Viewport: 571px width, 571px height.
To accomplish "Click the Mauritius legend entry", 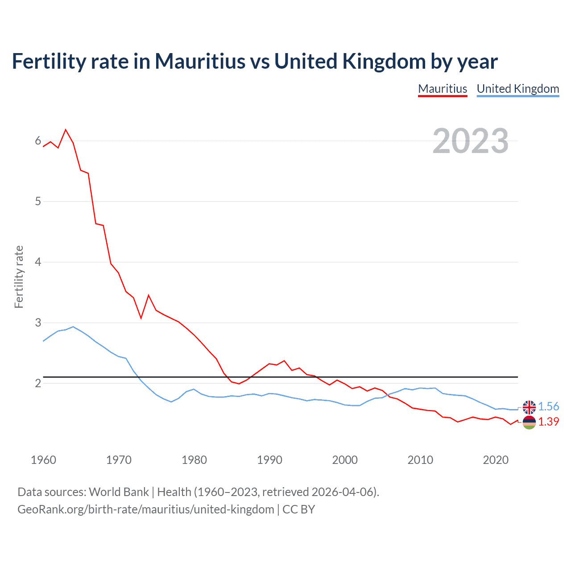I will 443,89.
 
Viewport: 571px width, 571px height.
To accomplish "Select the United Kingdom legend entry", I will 517,89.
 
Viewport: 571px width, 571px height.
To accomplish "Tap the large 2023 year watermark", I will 470,141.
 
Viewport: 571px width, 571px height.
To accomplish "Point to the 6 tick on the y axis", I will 38,141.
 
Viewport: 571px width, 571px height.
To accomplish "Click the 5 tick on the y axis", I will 38,201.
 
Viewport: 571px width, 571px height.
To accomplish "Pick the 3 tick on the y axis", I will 38,322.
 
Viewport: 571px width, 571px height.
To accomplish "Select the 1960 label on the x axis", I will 43,460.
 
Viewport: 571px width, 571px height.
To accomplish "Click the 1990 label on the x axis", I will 269,460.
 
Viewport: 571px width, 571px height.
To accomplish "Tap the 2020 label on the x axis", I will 496,460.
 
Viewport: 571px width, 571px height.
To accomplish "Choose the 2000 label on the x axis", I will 345,460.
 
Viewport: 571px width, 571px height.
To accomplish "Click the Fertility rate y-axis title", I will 19,277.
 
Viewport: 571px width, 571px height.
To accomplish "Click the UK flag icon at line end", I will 529,407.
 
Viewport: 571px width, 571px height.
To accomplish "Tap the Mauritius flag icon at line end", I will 529,422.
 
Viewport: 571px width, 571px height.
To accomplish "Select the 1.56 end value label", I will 548,406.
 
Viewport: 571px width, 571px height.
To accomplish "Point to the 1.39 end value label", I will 548,422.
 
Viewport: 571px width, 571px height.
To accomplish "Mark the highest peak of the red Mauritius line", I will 66,129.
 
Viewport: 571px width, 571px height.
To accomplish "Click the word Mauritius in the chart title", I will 200,61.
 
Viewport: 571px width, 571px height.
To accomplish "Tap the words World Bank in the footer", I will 119,492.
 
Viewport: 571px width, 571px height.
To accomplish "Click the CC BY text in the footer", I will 298,509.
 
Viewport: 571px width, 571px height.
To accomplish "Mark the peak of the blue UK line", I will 73,327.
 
